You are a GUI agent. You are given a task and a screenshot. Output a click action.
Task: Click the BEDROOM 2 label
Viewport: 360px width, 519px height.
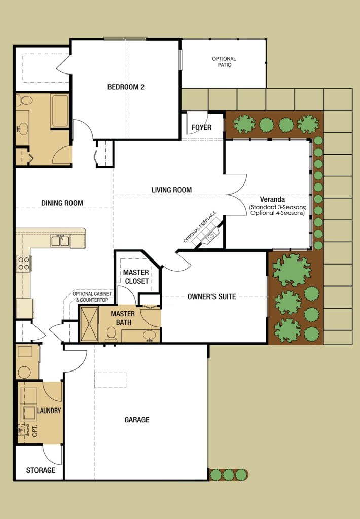coord(126,87)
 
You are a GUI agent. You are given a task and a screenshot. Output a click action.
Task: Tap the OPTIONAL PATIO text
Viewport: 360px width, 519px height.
coord(224,62)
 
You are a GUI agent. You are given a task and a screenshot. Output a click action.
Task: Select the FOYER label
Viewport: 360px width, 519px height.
coord(201,127)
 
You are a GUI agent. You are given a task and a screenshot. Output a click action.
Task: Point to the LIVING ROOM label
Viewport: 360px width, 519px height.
coord(171,190)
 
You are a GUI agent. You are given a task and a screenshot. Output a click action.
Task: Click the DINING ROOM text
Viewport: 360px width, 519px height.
coord(62,203)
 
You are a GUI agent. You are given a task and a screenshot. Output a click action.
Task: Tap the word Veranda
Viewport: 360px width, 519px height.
coord(277,199)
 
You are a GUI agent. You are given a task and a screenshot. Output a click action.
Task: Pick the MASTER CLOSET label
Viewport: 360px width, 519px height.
coord(136,277)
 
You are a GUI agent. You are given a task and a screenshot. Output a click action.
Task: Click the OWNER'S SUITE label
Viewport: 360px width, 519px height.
coord(211,296)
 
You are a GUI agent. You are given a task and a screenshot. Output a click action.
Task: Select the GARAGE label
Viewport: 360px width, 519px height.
coord(137,420)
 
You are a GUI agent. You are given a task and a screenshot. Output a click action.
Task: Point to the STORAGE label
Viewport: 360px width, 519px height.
coord(41,470)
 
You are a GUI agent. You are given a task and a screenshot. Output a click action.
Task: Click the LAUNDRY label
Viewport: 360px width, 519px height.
coord(49,411)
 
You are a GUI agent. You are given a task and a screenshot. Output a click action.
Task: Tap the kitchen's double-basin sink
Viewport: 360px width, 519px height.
coord(60,241)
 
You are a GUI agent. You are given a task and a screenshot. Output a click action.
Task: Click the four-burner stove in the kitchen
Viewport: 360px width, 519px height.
coord(24,263)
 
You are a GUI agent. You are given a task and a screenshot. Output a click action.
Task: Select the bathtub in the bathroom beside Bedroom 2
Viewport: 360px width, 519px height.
coord(60,111)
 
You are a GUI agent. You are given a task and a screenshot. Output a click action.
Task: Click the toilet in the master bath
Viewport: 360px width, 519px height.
coord(111,333)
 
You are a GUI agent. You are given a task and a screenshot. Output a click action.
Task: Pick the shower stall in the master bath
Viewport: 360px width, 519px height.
coord(89,323)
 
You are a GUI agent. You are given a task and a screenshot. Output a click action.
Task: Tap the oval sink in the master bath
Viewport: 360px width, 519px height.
coord(149,335)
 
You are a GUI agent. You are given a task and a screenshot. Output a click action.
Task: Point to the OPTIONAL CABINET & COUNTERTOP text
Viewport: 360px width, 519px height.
coord(90,297)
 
